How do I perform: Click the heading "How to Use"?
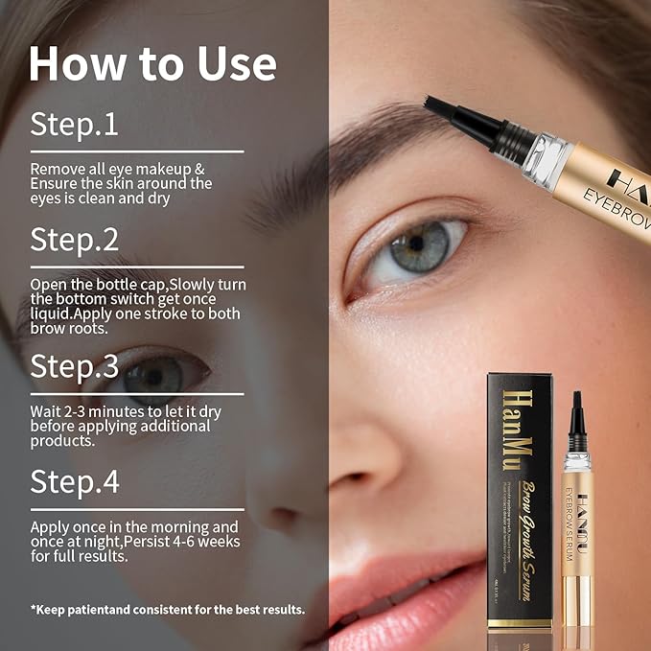pyautogui.click(x=152, y=62)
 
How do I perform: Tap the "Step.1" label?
pyautogui.click(x=75, y=124)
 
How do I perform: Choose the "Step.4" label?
pyautogui.click(x=76, y=481)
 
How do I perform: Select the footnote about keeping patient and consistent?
pyautogui.click(x=168, y=609)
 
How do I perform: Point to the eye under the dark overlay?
pyautogui.click(x=153, y=373)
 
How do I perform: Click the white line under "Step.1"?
pyautogui.click(x=136, y=151)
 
